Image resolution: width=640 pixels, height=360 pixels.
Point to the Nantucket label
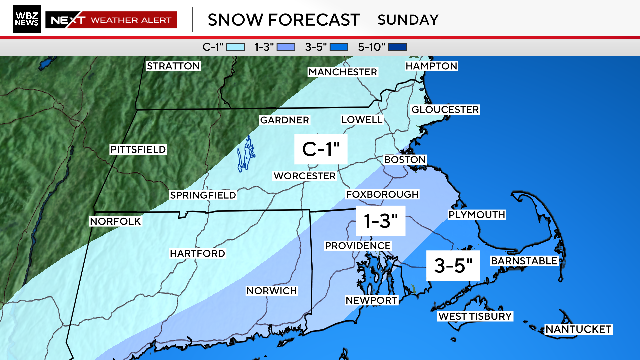point(577,330)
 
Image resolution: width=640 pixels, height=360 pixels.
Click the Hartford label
point(197,254)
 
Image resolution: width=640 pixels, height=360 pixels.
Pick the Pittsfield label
point(138,149)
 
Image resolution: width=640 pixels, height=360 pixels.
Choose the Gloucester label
point(447,109)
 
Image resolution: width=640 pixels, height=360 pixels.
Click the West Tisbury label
point(475,317)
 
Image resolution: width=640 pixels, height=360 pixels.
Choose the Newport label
point(372,300)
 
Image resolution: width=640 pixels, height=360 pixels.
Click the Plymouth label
point(476,215)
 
